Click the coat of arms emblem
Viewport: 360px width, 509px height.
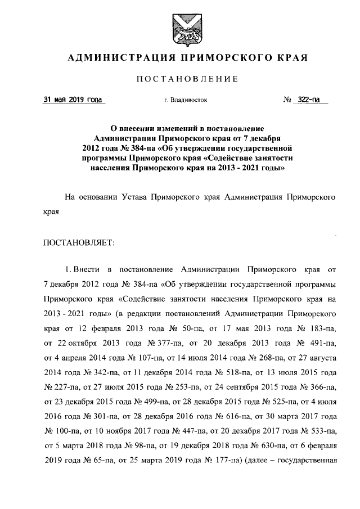[180, 28]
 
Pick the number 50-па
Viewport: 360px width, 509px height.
[226, 326]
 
